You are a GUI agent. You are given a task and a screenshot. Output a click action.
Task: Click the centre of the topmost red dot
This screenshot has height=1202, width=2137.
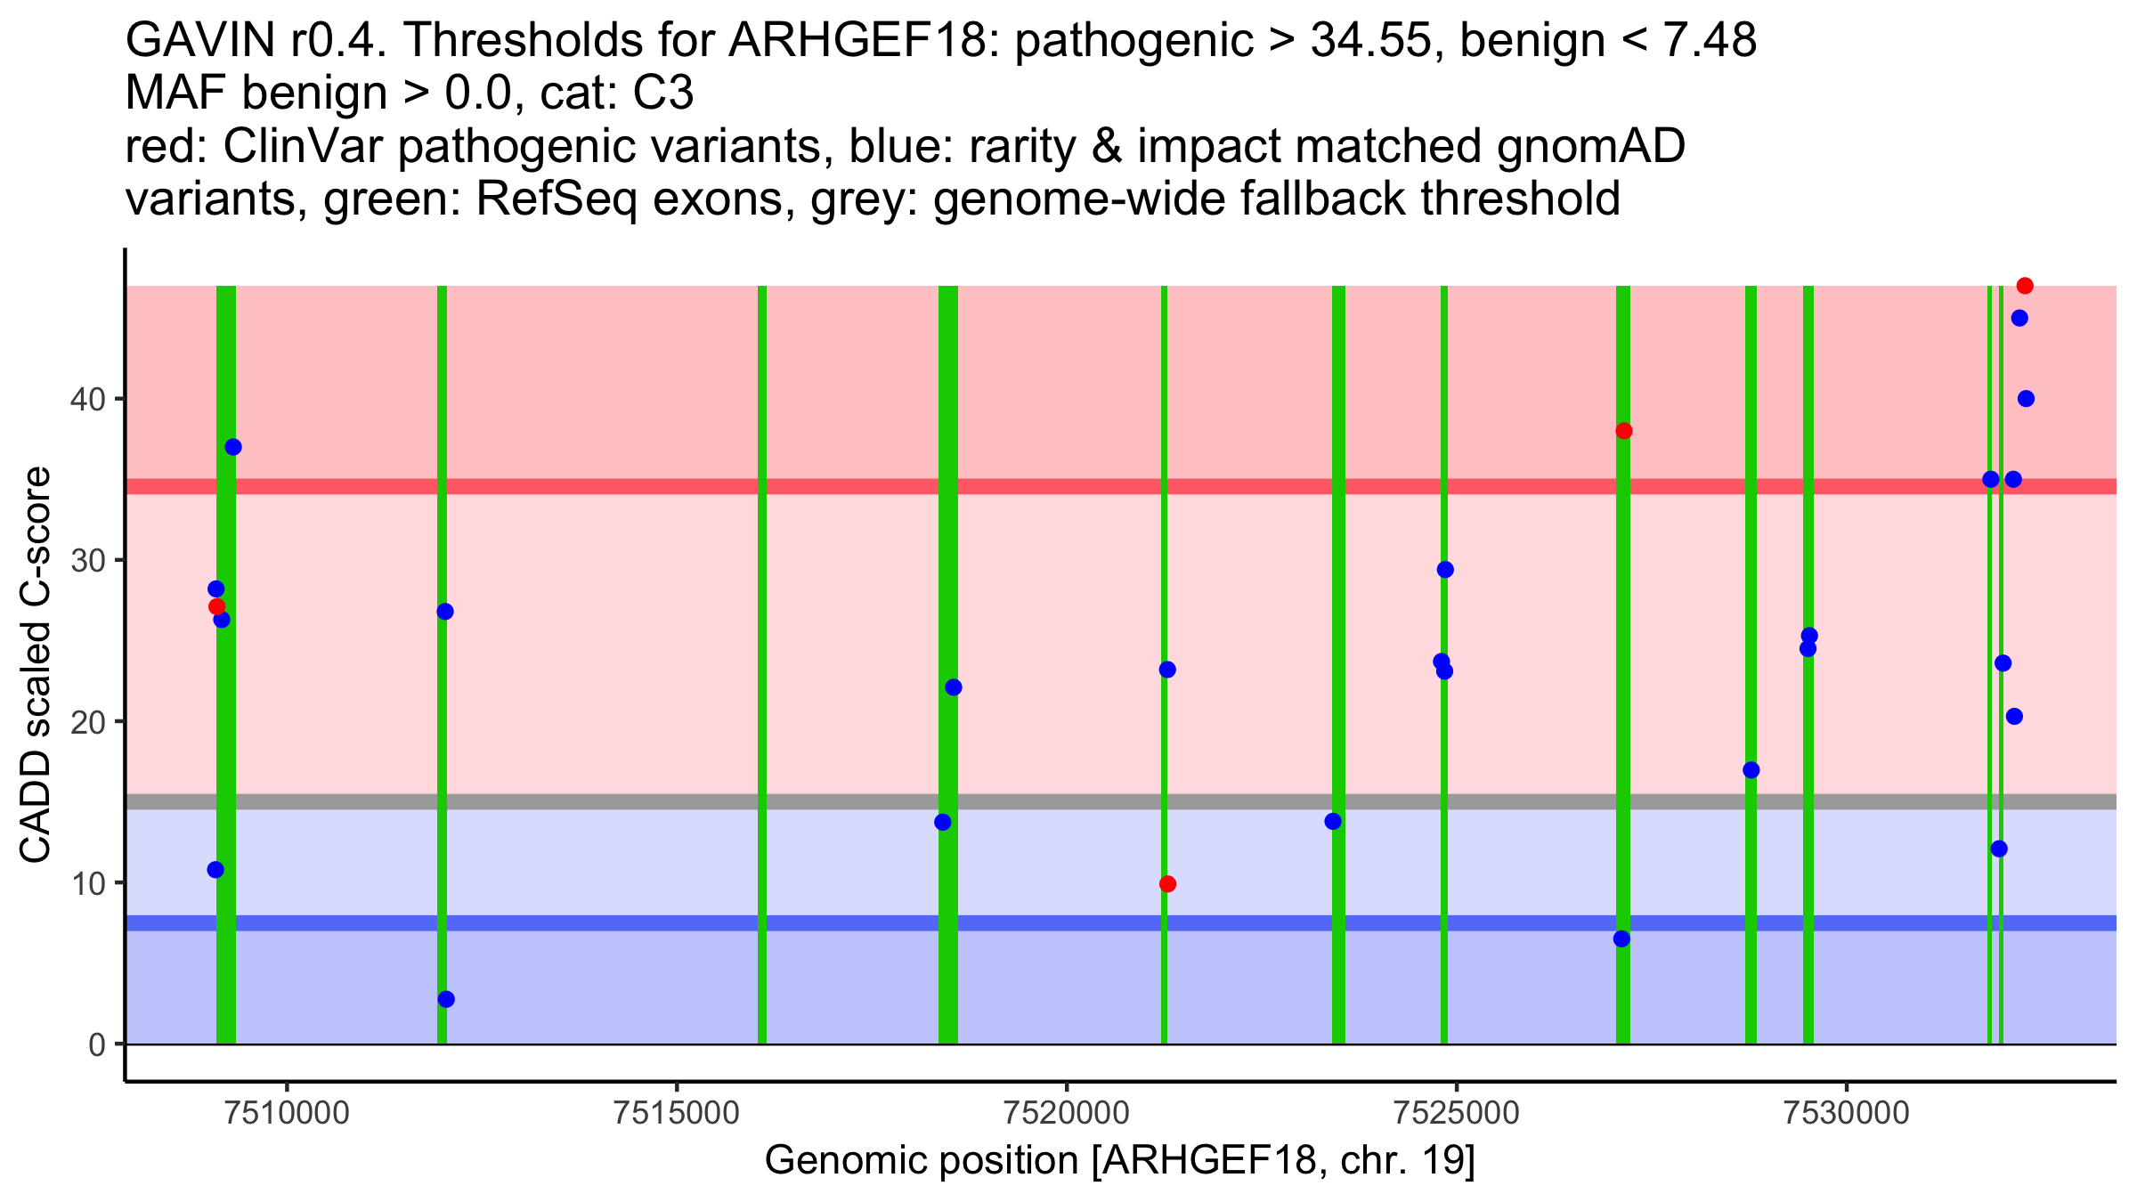2025,286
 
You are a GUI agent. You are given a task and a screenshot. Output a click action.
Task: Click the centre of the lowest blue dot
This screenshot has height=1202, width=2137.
446,999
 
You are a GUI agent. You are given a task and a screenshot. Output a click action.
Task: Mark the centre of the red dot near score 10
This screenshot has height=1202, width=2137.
1167,884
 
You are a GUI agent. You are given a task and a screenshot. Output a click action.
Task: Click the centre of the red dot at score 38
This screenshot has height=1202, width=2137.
1624,431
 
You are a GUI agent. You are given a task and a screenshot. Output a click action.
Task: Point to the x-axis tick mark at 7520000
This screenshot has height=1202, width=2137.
1067,1088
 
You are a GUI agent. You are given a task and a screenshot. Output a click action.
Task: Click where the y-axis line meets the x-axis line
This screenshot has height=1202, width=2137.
126,1082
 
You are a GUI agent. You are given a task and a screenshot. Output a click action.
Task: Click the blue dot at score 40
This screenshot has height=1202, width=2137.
2026,399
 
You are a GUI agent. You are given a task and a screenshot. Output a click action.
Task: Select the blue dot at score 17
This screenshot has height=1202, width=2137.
1751,770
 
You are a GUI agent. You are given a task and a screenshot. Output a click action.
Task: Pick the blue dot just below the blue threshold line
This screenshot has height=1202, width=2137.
1621,938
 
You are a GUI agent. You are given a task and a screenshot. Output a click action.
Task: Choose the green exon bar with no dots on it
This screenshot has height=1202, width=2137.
762,664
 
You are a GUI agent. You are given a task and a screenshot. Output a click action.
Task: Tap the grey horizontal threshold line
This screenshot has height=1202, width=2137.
1121,801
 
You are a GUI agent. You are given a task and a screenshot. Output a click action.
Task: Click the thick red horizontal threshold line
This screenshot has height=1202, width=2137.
1121,486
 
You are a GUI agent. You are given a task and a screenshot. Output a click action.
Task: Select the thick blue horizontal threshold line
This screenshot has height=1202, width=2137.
1121,923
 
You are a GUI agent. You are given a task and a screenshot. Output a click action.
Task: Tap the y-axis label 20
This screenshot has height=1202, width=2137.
87,722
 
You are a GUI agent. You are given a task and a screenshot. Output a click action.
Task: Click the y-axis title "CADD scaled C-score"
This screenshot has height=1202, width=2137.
36,665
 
